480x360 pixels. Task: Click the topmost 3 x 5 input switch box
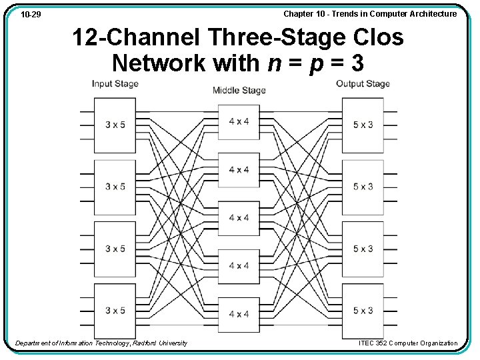click(x=115, y=125)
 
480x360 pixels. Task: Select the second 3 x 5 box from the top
click(x=115, y=187)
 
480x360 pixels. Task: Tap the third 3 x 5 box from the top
click(x=115, y=249)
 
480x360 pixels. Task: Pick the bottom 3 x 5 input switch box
click(x=115, y=311)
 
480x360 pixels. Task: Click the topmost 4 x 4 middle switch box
click(x=239, y=122)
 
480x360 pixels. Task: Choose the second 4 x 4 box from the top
click(x=239, y=170)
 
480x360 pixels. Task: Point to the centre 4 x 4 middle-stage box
click(x=239, y=218)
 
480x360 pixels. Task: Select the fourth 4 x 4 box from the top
click(x=239, y=266)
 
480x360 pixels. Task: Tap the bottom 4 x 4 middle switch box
click(x=239, y=314)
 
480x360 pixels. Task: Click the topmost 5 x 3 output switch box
click(x=363, y=125)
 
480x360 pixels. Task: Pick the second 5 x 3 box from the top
click(x=363, y=187)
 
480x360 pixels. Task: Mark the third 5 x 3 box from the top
click(x=363, y=249)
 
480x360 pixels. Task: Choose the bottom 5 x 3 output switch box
click(x=363, y=311)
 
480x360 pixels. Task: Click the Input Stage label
click(x=115, y=84)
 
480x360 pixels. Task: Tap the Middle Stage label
click(x=239, y=91)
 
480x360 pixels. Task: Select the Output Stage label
click(x=363, y=84)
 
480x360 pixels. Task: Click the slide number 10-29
click(x=30, y=14)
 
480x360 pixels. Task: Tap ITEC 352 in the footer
click(x=375, y=343)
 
